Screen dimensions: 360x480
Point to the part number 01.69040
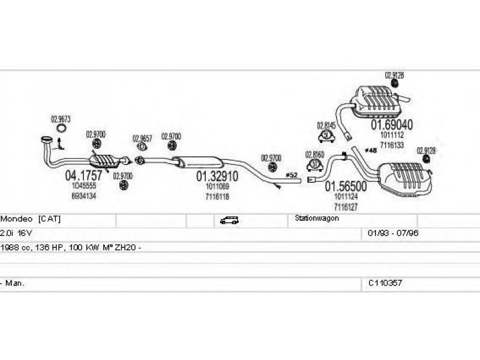tap(391, 125)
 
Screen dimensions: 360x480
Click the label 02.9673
tap(61, 118)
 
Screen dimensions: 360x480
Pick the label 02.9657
tap(142, 138)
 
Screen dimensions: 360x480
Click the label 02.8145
tap(326, 126)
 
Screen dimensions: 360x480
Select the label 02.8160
tap(314, 154)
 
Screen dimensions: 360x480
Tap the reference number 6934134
tap(83, 196)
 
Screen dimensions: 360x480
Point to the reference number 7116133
tap(391, 145)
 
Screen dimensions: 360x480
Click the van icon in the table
tap(228, 220)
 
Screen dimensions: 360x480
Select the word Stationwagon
tap(317, 219)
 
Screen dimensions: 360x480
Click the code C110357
tap(385, 282)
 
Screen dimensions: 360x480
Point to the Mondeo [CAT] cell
tap(31, 220)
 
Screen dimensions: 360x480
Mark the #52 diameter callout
tap(292, 175)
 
